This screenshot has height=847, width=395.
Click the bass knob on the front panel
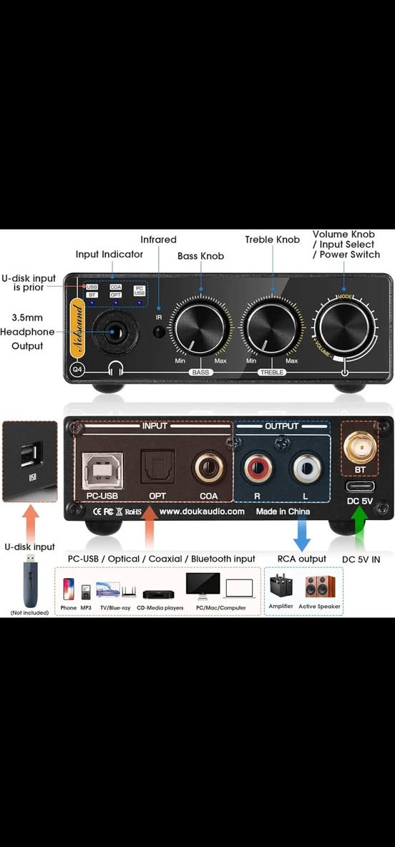pyautogui.click(x=201, y=328)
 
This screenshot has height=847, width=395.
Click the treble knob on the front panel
pyautogui.click(x=271, y=328)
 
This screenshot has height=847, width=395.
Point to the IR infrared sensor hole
pyautogui.click(x=160, y=332)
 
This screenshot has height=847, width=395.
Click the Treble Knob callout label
pyautogui.click(x=272, y=240)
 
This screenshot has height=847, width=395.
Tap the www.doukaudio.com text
pyautogui.click(x=201, y=511)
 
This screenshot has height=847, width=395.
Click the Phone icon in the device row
pyautogui.click(x=69, y=589)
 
